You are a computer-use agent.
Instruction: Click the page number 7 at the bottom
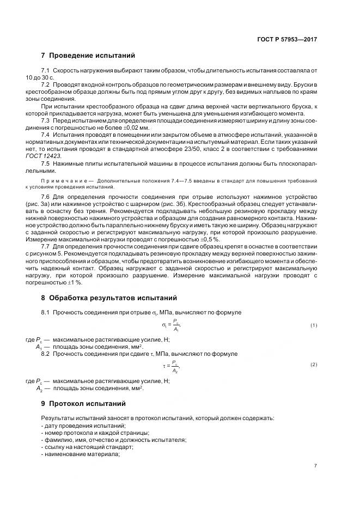coord(315,465)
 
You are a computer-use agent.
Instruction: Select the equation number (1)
coord(314,325)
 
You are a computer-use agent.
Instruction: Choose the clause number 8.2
coord(46,354)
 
